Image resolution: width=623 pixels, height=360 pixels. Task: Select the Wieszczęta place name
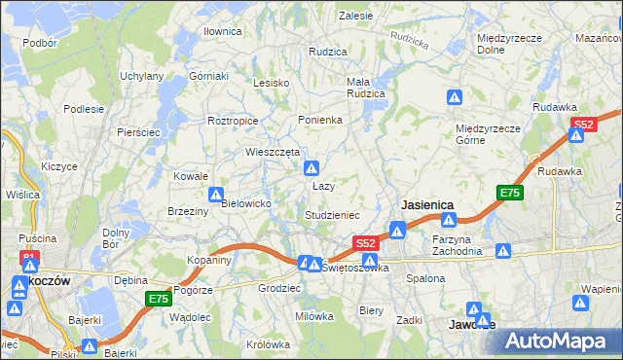[272, 152]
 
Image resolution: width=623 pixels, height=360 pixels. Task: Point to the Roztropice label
[233, 121]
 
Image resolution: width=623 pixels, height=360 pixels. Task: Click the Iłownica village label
[222, 31]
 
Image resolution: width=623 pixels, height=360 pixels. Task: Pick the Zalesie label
[356, 16]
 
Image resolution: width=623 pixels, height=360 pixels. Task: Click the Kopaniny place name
[209, 260]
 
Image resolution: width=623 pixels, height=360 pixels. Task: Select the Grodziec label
[278, 289]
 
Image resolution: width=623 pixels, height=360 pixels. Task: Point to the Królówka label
[269, 344]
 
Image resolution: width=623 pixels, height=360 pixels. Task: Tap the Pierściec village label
[137, 131]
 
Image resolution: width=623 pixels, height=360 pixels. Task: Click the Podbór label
[39, 43]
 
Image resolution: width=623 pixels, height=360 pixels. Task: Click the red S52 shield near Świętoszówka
[365, 242]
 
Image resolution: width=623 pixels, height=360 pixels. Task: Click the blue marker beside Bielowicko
[217, 195]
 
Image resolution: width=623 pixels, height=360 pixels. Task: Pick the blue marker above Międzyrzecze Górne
[455, 97]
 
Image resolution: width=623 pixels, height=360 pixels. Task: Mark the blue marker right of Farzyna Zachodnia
[503, 251]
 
